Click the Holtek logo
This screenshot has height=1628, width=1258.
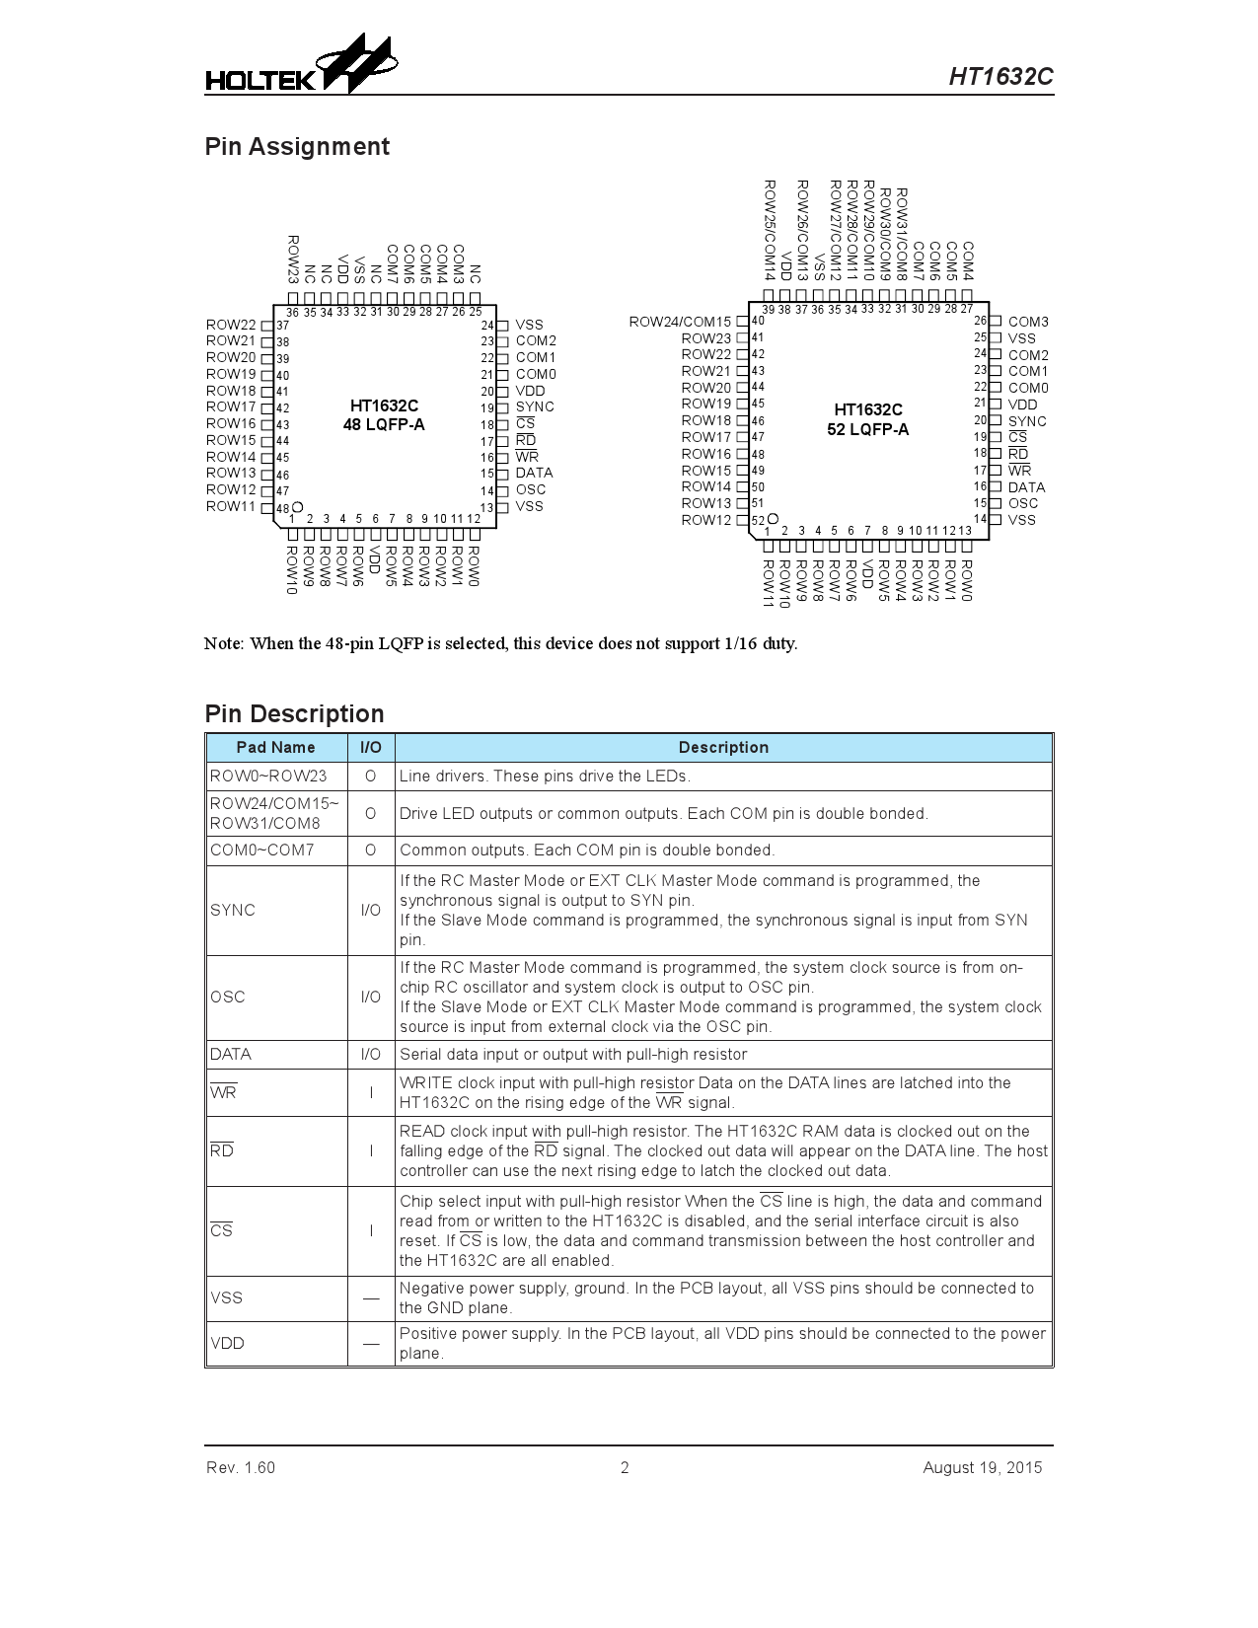click(301, 66)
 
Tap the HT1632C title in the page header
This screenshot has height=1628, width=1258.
click(1000, 77)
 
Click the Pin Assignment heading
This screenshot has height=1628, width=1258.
click(297, 147)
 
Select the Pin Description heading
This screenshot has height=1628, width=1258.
click(294, 713)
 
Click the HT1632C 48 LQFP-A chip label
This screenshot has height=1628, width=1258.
click(384, 415)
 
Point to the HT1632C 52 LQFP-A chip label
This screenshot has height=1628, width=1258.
click(868, 419)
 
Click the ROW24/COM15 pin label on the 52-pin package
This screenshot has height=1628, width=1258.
click(680, 322)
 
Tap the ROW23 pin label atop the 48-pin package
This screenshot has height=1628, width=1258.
click(293, 259)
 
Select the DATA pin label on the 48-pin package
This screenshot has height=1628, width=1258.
click(534, 473)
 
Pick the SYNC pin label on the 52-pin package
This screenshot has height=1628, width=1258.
click(1027, 421)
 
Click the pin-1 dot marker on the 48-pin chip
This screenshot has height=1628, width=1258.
click(298, 507)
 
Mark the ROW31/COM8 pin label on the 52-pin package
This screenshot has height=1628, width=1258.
click(901, 234)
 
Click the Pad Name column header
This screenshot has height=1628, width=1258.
click(276, 748)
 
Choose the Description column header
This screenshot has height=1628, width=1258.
click(723, 748)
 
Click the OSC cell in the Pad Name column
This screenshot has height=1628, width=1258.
click(228, 997)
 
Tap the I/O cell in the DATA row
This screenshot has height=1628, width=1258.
click(371, 1054)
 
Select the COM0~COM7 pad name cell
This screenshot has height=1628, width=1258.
click(262, 850)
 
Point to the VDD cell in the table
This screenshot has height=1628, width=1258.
click(228, 1343)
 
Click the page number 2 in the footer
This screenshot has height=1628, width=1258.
click(625, 1467)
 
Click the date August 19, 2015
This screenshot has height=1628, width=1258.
click(982, 1467)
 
